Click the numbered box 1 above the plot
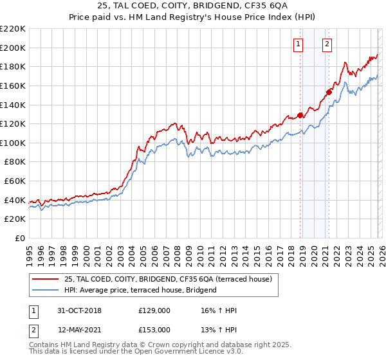(299, 44)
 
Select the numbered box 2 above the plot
(327, 44)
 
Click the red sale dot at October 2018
(300, 115)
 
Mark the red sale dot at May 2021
(329, 92)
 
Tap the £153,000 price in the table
(154, 330)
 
